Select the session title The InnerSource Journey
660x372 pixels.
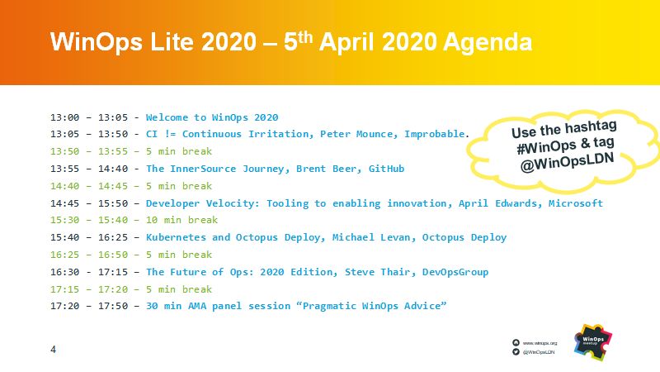point(214,169)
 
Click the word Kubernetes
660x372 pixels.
point(176,237)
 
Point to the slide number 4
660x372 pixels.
point(54,350)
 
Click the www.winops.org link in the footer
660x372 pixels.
point(540,342)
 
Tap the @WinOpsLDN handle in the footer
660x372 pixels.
point(540,352)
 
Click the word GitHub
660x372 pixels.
point(386,169)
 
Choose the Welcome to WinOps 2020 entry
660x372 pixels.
point(212,117)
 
